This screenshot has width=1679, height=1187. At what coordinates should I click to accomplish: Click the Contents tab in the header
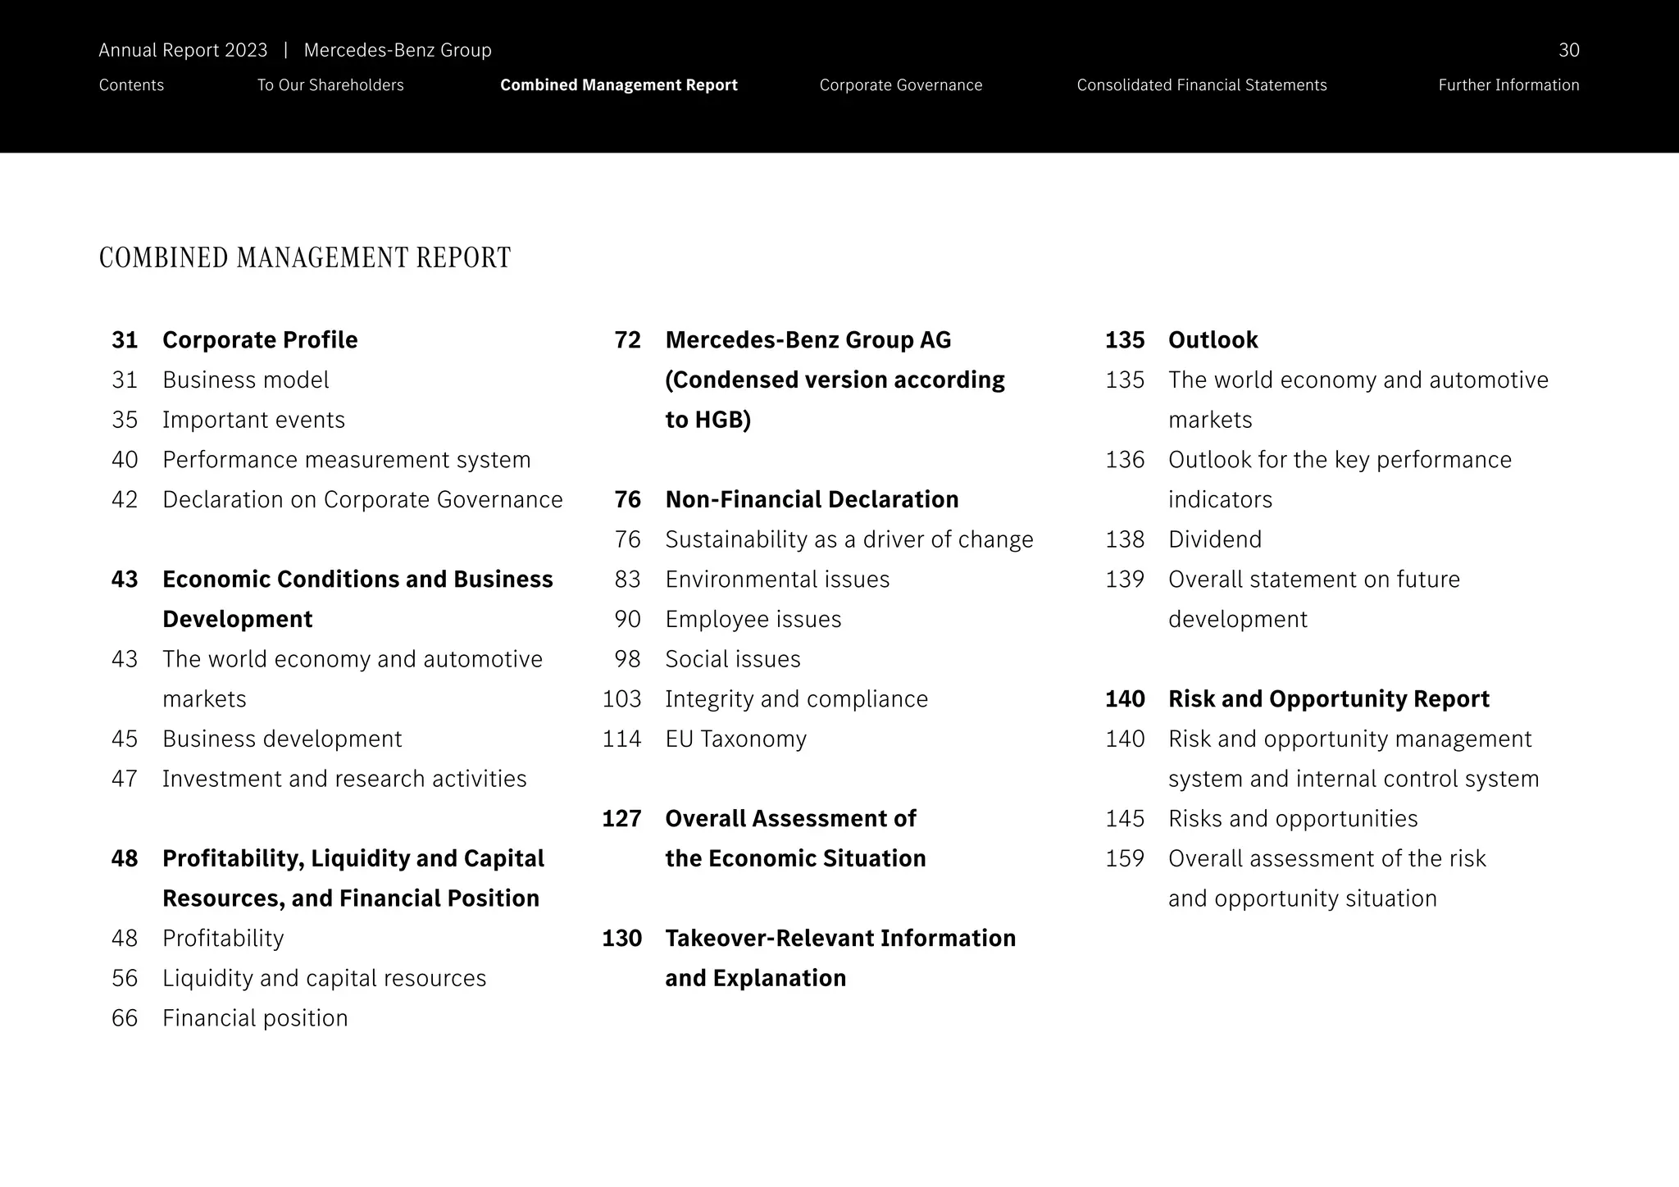(131, 85)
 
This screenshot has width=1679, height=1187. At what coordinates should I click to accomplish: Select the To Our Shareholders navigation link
(330, 85)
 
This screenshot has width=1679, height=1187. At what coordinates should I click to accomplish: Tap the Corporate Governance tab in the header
(900, 85)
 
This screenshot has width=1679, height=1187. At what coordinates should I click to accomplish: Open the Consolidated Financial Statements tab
(1201, 85)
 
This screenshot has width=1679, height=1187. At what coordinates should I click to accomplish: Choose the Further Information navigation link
(1508, 85)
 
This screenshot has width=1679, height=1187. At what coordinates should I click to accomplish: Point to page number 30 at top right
(1568, 51)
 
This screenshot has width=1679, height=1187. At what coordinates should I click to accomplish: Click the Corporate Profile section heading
(260, 340)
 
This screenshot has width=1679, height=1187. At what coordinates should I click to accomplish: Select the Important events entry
(253, 420)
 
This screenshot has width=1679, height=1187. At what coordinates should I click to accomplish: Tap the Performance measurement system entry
(346, 460)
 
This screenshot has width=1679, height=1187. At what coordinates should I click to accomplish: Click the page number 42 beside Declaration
(125, 500)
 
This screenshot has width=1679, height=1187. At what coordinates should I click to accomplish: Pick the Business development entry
(282, 739)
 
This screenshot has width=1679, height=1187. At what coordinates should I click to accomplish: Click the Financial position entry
(255, 1018)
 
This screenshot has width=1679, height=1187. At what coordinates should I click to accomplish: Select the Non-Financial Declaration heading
(812, 500)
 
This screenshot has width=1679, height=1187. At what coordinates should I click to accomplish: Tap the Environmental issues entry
(777, 580)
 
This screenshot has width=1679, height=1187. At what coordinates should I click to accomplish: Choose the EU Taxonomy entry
(735, 739)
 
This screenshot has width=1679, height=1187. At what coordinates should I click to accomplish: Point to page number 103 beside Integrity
(621, 699)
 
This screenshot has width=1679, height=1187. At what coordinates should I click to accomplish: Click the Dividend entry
(1214, 539)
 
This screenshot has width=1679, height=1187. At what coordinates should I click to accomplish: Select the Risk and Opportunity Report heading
(1328, 699)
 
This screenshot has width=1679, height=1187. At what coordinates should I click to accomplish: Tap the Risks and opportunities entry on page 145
(1292, 819)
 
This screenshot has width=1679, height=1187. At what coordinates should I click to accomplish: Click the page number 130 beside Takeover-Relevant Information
(621, 939)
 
